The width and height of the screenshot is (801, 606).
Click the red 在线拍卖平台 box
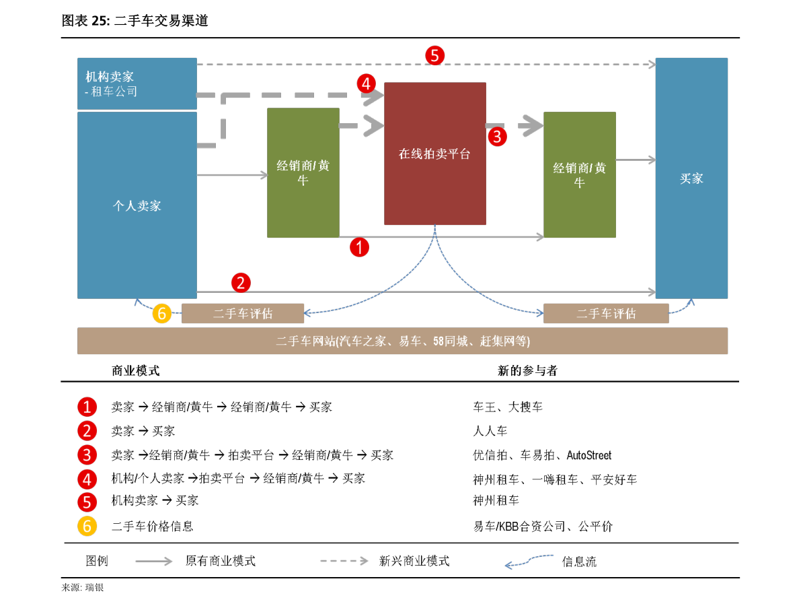coord(434,154)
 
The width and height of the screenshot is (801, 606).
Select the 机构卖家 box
coord(137,83)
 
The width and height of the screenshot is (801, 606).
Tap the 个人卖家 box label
coord(137,205)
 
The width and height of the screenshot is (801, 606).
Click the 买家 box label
coord(691,178)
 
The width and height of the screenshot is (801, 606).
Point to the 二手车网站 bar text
coord(403,341)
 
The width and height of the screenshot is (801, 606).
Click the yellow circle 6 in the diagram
coord(162,313)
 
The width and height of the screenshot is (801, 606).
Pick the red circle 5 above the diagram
coord(434,55)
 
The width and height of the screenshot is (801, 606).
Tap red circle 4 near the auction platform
coord(367,83)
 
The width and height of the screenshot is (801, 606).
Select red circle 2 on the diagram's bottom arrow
coord(241,283)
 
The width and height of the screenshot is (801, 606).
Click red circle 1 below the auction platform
coord(359,247)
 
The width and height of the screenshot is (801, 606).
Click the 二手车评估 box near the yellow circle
coord(243,314)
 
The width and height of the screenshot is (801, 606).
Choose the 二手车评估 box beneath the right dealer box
coord(606,314)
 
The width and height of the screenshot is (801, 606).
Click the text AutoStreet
coord(589,455)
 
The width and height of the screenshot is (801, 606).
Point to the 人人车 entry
coord(490,431)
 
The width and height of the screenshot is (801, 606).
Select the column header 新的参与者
coord(527,371)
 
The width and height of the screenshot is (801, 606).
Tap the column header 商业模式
coord(136,371)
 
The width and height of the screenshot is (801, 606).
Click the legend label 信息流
coord(579,562)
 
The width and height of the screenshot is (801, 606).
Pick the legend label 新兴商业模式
coord(414,561)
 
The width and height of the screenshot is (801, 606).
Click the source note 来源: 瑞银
coord(83,588)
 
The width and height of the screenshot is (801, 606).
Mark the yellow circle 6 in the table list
coord(87,526)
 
